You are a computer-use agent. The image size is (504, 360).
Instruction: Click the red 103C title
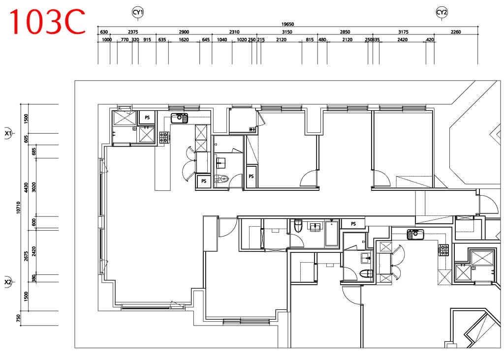click(x=47, y=22)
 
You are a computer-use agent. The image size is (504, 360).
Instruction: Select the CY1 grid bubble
click(x=138, y=12)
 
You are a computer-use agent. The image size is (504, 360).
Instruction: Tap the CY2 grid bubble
click(x=441, y=12)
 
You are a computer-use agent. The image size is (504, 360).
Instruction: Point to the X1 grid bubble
click(x=8, y=133)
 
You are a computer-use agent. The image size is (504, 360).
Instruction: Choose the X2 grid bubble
click(x=8, y=282)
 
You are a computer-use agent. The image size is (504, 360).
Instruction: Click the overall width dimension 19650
click(x=287, y=24)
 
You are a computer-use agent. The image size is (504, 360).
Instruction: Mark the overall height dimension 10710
click(x=18, y=207)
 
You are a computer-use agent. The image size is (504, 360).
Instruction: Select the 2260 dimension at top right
click(x=456, y=32)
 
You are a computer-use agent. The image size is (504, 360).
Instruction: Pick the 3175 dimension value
click(x=404, y=32)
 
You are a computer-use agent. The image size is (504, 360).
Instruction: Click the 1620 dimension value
click(x=184, y=39)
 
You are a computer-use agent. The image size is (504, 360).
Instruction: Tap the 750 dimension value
click(x=18, y=318)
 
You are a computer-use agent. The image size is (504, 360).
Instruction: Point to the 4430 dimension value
click(x=26, y=187)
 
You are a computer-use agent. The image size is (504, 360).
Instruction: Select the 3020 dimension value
click(x=34, y=187)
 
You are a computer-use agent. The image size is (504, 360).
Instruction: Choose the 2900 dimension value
click(x=184, y=32)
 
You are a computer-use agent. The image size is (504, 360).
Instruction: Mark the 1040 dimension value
click(x=222, y=39)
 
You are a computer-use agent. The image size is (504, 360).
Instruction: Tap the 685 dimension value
click(x=34, y=151)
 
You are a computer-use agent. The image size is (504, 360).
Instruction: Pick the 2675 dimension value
click(x=26, y=256)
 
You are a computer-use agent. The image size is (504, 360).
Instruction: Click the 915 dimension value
click(x=147, y=39)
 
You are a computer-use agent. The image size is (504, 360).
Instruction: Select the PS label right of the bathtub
click(x=353, y=224)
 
